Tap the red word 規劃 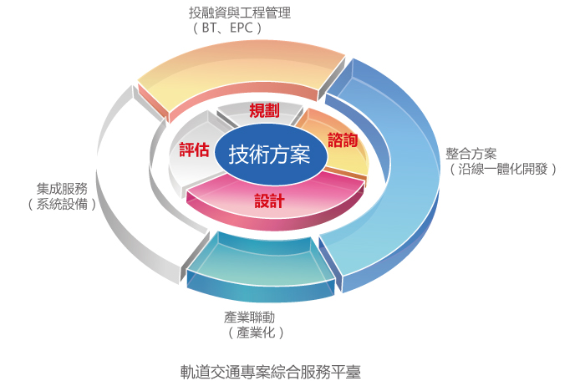coord(264,110)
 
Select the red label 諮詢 coord(343,140)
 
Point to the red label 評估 coord(194,150)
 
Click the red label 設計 coord(269,201)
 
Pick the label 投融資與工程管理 coord(240,13)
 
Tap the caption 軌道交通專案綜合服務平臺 coord(270,372)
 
